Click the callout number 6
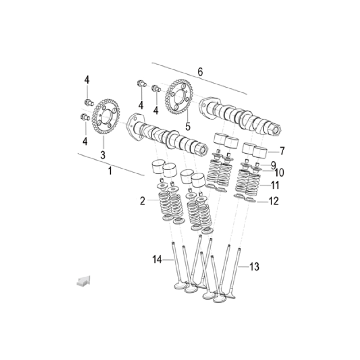(x=200, y=72)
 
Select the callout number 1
(x=110, y=171)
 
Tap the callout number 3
(x=103, y=155)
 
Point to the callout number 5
(x=188, y=126)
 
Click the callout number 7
(x=282, y=151)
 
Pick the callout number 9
(x=273, y=165)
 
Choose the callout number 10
(x=279, y=173)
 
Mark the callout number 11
(x=275, y=185)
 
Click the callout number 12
(x=274, y=201)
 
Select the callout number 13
(x=254, y=267)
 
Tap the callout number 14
(x=157, y=260)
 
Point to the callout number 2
(x=143, y=201)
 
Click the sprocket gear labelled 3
(x=106, y=117)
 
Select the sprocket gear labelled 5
(x=179, y=97)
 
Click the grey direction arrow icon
(x=84, y=281)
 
